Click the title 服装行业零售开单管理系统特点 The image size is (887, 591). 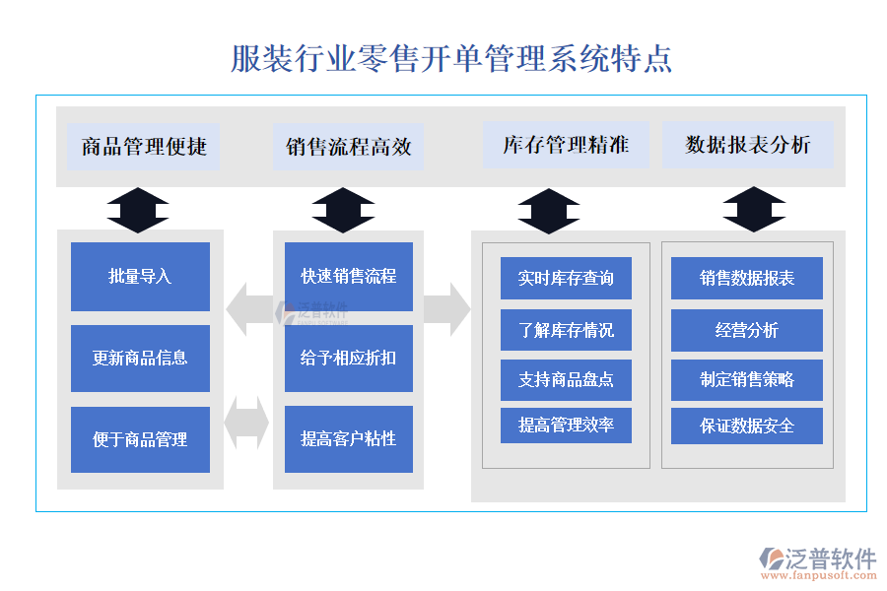click(451, 58)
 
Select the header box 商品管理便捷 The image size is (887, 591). click(144, 147)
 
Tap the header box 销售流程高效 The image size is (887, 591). click(348, 147)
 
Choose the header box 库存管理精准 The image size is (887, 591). click(566, 145)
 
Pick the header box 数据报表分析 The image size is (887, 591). click(748, 145)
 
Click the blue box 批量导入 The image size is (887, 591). click(140, 277)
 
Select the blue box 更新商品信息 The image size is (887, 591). click(140, 359)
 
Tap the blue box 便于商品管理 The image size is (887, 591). click(140, 439)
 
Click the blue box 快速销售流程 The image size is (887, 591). click(348, 277)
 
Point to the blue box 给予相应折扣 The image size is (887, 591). click(348, 359)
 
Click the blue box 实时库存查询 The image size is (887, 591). click(566, 279)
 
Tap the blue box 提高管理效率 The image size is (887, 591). click(566, 426)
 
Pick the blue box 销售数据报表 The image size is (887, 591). click(747, 279)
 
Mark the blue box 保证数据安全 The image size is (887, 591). click(747, 427)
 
